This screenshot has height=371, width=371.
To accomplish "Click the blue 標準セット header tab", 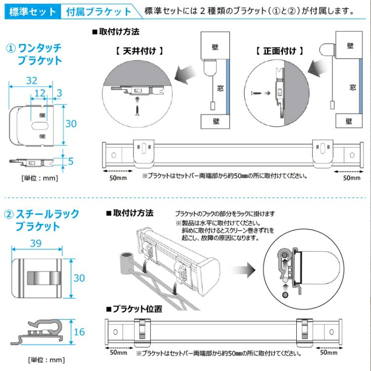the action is (x=33, y=11).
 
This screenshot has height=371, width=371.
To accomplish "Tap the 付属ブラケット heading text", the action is (x=98, y=11).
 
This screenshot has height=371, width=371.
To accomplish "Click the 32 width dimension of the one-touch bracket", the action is (x=32, y=81).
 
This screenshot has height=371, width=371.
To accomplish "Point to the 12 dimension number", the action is (x=40, y=93).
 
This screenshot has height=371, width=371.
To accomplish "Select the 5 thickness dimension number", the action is (x=71, y=161).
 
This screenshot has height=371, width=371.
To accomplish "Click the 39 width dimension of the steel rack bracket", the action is (x=36, y=243).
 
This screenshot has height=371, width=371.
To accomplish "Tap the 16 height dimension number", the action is (x=79, y=332).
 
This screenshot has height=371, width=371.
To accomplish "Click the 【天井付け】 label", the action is (x=139, y=51).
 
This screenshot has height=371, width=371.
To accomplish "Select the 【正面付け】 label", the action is (x=279, y=51).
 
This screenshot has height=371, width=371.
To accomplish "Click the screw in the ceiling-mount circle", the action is (x=137, y=110).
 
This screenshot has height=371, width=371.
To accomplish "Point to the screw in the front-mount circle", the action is (x=256, y=93).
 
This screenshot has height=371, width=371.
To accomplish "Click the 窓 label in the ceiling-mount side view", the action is (x=220, y=89).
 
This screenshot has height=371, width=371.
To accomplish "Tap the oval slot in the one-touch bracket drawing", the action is (x=40, y=126).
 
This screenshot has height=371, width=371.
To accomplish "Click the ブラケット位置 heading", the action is (x=135, y=309).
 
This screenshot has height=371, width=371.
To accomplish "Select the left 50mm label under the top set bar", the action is (x=118, y=178).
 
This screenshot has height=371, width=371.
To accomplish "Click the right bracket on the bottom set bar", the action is (x=305, y=332).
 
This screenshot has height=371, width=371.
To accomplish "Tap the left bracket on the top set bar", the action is (x=144, y=153).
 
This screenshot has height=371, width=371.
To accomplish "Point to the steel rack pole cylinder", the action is (x=126, y=263).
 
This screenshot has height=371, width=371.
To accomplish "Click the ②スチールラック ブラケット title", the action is (x=42, y=220).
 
